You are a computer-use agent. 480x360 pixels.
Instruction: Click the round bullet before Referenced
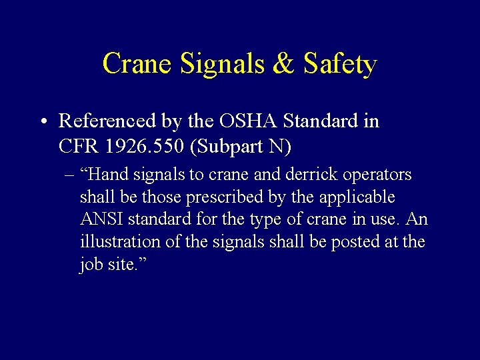click(42, 122)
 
